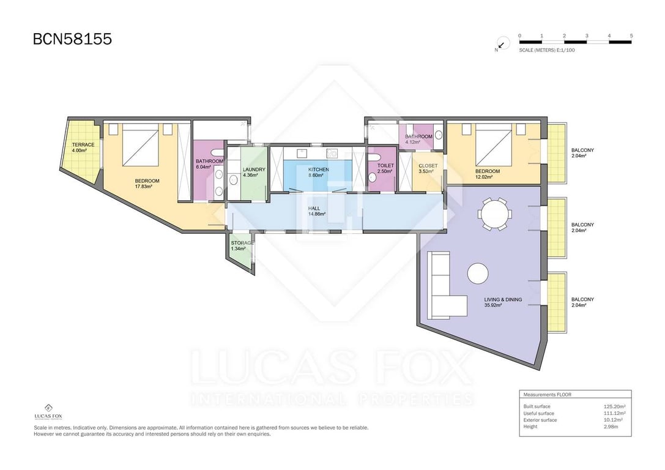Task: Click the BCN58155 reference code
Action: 72,39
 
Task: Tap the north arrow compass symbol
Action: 502,43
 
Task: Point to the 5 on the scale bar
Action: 631,36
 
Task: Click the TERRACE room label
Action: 83,144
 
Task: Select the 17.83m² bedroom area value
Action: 143,187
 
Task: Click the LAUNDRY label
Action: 254,170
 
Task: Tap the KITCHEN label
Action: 319,170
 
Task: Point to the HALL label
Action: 314,209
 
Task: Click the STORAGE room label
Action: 243,243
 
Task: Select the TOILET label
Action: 385,166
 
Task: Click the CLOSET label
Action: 428,166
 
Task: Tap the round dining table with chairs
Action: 494,214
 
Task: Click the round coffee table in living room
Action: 478,274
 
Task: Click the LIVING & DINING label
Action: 503,299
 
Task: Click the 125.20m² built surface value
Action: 615,406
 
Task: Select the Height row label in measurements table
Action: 530,427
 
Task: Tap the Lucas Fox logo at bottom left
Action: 48,411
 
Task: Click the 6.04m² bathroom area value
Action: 204,167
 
